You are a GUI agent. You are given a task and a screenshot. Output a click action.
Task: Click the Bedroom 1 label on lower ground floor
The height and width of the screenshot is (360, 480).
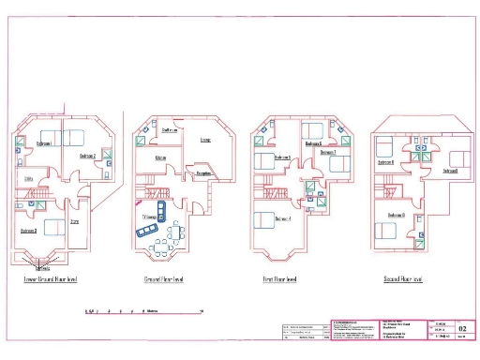(43, 143)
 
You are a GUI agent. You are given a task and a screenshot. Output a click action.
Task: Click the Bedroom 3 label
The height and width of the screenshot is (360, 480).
(28, 230)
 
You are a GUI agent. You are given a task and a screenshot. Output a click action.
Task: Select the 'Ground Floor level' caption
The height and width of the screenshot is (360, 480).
(165, 279)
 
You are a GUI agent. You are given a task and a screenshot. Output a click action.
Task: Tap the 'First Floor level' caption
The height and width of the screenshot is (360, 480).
(279, 279)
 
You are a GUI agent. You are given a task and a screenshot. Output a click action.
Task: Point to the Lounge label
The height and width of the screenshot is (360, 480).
(205, 141)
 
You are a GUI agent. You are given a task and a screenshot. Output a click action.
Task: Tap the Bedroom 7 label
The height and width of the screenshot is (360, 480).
(327, 151)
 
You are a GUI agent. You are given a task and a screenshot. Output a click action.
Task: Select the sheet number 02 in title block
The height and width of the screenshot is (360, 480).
(461, 329)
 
